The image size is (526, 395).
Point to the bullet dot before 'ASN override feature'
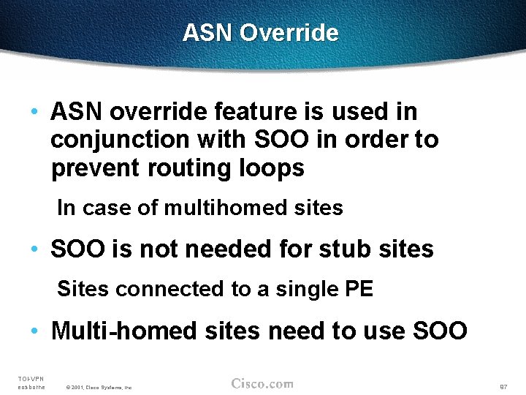tap(34, 113)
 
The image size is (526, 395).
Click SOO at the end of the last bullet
tap(440, 331)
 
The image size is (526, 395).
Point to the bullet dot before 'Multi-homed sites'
tap(34, 332)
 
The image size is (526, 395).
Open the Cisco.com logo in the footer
tap(262, 383)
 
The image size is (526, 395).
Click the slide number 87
tap(503, 386)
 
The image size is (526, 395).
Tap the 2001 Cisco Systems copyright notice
tap(99, 387)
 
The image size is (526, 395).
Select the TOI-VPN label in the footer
tap(31, 378)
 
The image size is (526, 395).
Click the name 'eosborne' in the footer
tap(31, 387)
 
